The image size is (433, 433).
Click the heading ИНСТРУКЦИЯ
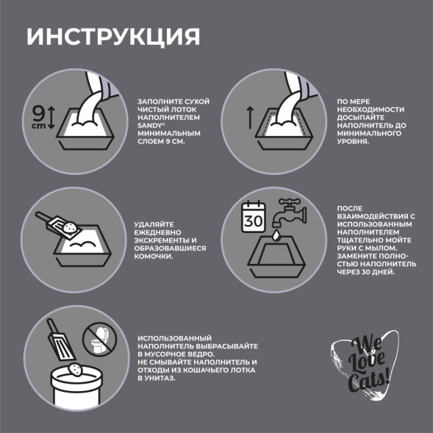pos(112,37)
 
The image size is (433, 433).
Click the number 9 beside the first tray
pos(38,113)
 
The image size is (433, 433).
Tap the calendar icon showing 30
pos(254,218)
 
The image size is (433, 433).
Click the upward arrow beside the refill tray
pos(249,116)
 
